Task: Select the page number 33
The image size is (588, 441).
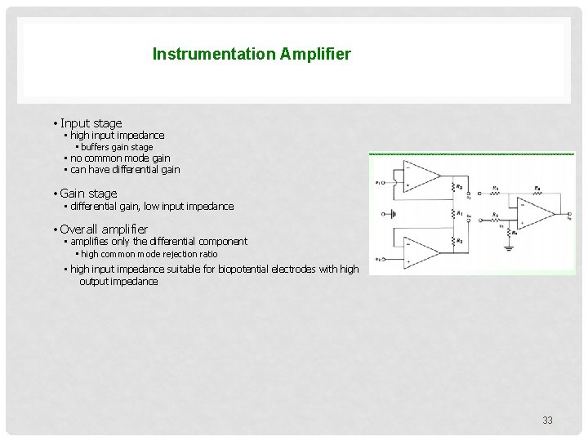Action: tap(547, 421)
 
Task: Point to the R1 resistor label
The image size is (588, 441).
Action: tap(461, 214)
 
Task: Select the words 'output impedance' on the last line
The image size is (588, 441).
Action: tap(118, 281)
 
